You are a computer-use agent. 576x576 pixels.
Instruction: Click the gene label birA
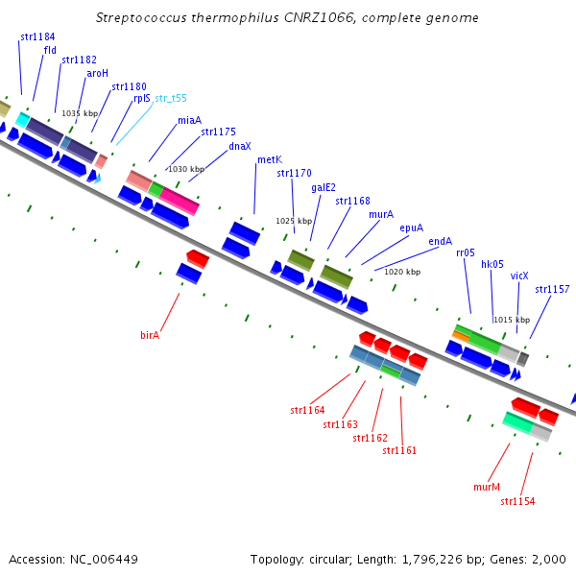click(149, 335)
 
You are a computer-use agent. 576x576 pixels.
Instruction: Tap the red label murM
click(487, 487)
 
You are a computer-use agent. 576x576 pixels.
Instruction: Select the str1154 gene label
click(517, 501)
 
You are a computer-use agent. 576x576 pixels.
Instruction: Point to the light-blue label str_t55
click(171, 98)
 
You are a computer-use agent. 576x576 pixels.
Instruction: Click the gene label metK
click(269, 159)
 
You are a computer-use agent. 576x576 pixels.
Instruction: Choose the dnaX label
click(240, 146)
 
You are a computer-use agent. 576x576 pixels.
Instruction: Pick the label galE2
click(324, 187)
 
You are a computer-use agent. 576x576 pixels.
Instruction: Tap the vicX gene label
click(519, 276)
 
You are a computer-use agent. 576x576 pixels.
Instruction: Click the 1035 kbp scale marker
click(80, 113)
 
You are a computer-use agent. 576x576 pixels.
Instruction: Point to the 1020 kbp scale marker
click(401, 272)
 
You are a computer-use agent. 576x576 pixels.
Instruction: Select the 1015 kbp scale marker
click(511, 320)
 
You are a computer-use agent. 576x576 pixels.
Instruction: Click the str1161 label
click(399, 450)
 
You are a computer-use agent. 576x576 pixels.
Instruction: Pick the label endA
click(440, 241)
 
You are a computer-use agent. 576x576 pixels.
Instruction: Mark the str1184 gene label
click(37, 36)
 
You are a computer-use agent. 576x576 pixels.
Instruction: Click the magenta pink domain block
click(179, 199)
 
